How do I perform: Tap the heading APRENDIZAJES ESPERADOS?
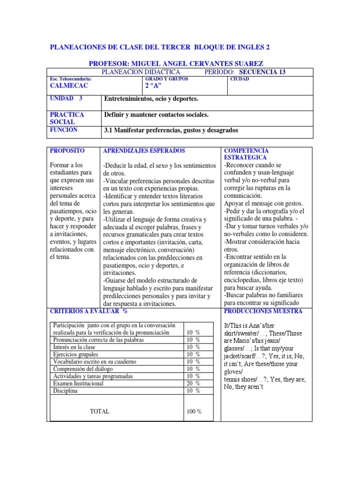point(144,151)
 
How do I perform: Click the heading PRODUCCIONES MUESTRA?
point(263,311)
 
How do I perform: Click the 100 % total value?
point(194,412)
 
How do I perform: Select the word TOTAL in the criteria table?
point(99,412)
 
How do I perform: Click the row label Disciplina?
point(65,390)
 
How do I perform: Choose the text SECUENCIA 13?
point(262,72)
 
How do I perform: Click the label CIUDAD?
point(240,79)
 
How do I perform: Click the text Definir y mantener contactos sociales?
point(156,115)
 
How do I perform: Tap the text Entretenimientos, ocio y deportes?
point(151,99)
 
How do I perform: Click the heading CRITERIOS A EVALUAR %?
point(89,311)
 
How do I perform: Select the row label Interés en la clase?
point(74,347)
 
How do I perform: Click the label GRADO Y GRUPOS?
point(167,79)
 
